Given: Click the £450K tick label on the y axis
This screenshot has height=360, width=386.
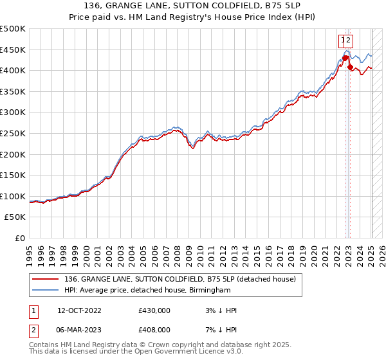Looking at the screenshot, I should [13, 50].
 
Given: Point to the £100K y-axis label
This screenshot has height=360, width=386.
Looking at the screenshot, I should [13, 196].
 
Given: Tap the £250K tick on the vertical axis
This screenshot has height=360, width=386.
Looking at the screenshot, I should [13, 133].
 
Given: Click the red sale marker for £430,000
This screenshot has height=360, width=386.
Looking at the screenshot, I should [345, 58].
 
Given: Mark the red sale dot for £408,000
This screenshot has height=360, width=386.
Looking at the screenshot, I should [350, 67].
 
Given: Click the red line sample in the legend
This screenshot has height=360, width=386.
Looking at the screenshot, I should [45, 279].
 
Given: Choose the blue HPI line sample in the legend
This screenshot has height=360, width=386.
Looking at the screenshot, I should [45, 291].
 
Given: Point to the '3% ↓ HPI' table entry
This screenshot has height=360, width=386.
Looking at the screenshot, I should [219, 310].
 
